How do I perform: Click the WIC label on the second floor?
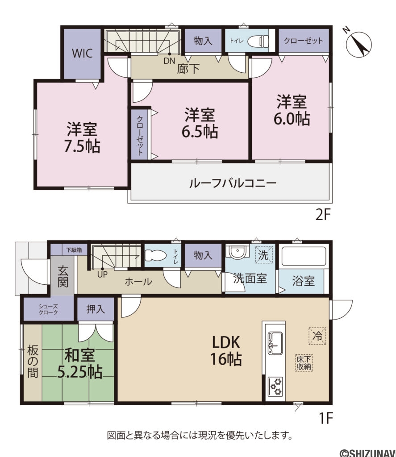(x=83, y=54)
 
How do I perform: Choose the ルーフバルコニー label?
(x=233, y=183)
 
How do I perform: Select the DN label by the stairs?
(x=169, y=61)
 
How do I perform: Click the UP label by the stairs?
(x=103, y=274)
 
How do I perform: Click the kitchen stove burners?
(x=275, y=386)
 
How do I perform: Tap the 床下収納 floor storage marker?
(x=304, y=363)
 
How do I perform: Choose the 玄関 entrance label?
(x=63, y=277)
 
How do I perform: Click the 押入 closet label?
(x=96, y=309)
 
